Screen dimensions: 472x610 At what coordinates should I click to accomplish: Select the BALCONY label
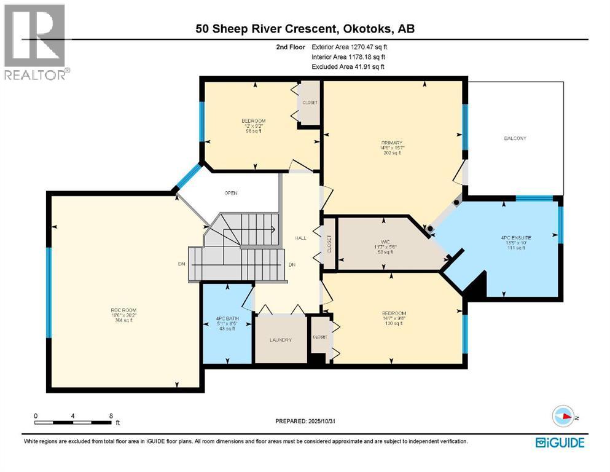pyautogui.click(x=515, y=138)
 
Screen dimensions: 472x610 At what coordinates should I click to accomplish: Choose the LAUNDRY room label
pyautogui.click(x=280, y=340)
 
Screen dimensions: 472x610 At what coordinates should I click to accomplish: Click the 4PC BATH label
pyautogui.click(x=227, y=318)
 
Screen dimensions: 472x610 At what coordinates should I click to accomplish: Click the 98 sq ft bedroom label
pyautogui.click(x=253, y=120)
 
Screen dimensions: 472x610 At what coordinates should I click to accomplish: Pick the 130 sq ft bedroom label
pyautogui.click(x=393, y=313)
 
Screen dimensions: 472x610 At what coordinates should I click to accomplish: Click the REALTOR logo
pyautogui.click(x=36, y=42)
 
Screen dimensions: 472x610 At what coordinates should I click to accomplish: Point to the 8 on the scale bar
pyautogui.click(x=110, y=415)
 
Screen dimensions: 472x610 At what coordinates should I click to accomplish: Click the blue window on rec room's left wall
pyautogui.click(x=49, y=292)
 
